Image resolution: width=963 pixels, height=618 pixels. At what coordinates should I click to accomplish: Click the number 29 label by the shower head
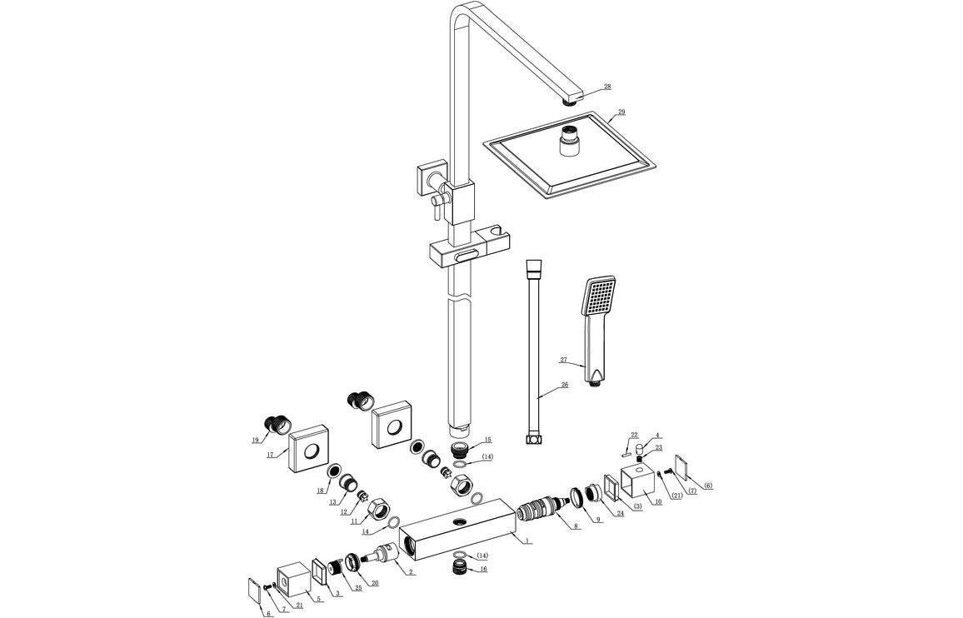click(x=621, y=112)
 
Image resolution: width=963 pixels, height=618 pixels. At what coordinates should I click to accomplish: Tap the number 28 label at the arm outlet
click(x=606, y=87)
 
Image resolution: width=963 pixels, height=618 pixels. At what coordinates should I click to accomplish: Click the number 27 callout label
click(x=563, y=360)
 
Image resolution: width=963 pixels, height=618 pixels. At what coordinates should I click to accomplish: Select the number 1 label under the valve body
click(x=527, y=541)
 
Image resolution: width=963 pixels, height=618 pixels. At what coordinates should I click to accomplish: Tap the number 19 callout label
click(x=256, y=441)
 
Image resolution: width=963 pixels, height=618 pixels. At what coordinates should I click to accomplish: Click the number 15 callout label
click(x=487, y=440)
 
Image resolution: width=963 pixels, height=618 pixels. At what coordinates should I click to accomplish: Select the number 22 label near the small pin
click(x=634, y=435)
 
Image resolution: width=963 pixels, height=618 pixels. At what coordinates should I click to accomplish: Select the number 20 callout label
click(x=374, y=583)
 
